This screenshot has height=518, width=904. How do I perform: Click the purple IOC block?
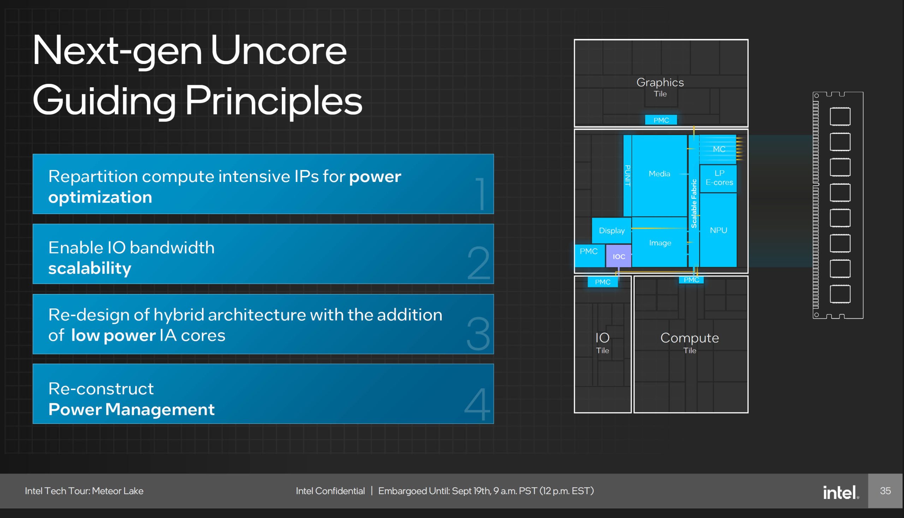click(619, 256)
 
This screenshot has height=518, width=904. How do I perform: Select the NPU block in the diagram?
click(718, 230)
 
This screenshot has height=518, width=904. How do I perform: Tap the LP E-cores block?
click(719, 178)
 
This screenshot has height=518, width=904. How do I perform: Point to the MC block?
click(719, 149)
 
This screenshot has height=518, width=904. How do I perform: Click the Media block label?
click(659, 173)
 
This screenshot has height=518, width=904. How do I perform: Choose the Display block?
click(611, 230)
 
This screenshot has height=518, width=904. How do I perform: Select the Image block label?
click(660, 243)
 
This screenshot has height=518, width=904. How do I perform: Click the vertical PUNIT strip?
click(628, 175)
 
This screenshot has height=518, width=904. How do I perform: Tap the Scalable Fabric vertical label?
click(694, 204)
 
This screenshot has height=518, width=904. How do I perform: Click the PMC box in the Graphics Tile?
click(661, 120)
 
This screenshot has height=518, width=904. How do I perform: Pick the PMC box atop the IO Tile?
click(602, 282)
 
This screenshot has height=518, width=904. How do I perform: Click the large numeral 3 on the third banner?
click(478, 333)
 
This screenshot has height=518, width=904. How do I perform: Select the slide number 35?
click(885, 491)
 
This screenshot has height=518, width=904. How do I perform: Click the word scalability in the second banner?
click(90, 268)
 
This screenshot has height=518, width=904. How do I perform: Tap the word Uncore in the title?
click(278, 51)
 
